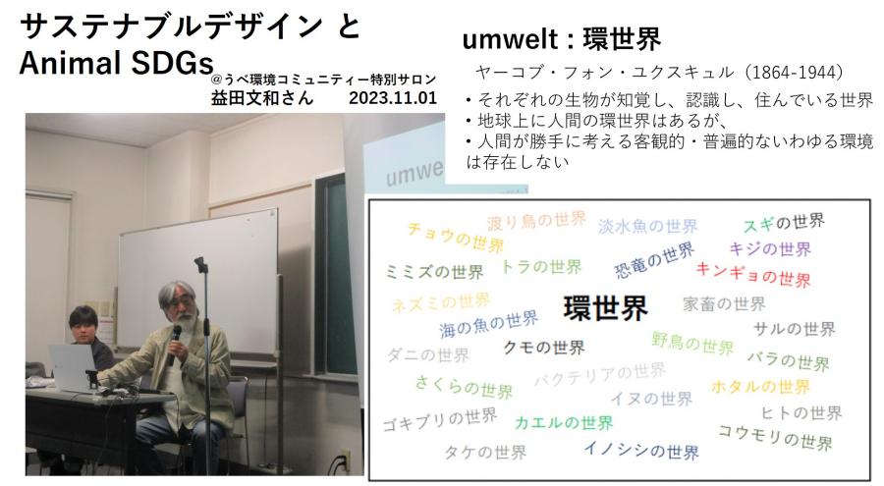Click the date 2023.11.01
[x=392, y=98]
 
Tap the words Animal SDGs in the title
[x=116, y=62]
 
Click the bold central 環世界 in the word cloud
[x=605, y=308]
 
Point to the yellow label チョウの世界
[x=456, y=238]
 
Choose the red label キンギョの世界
[x=753, y=275]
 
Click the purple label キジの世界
[x=771, y=248]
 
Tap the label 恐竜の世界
[x=654, y=260]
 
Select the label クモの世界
[x=543, y=348]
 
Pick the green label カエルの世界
[x=564, y=422]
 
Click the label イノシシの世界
[x=641, y=450]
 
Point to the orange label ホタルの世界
[x=760, y=386]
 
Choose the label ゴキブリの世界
[x=440, y=419]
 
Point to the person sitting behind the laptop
[x=87, y=339]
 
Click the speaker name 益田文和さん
[x=261, y=98]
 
